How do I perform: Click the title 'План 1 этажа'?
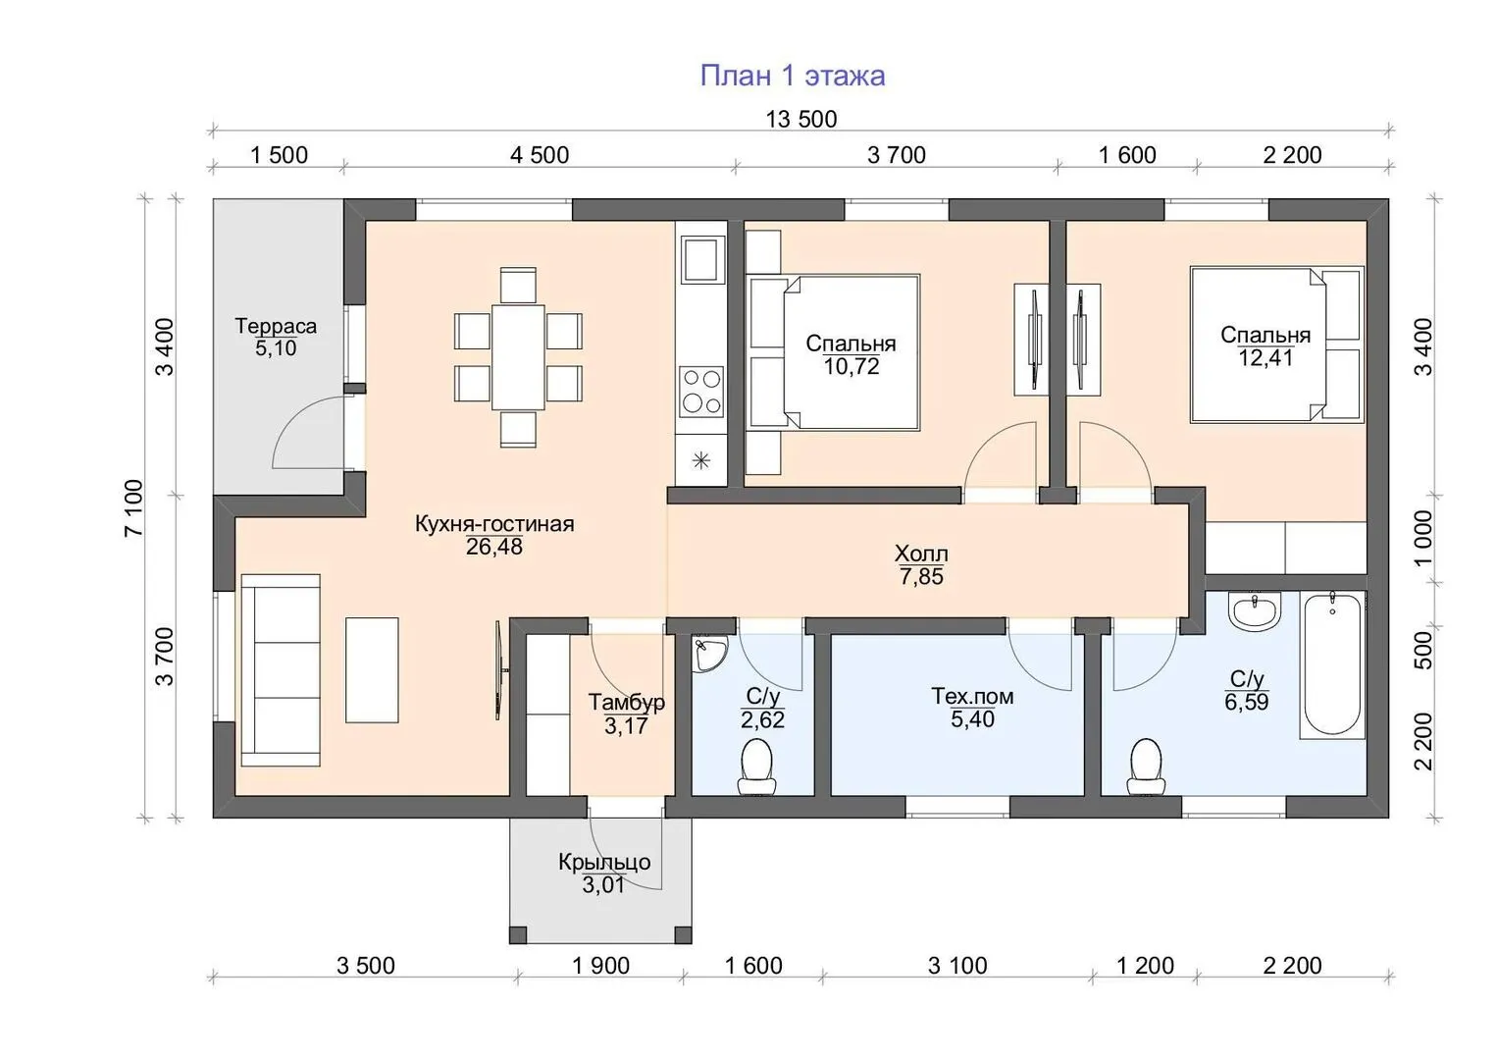[x=793, y=77]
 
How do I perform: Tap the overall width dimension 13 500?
[x=800, y=119]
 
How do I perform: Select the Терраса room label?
[x=276, y=327]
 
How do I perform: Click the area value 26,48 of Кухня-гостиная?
[x=493, y=547]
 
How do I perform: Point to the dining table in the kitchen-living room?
[x=518, y=357]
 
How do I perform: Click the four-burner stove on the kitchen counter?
[x=701, y=392]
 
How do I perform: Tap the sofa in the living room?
[x=281, y=669]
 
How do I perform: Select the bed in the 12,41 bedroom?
[x=1276, y=345]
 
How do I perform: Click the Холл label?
[x=921, y=554]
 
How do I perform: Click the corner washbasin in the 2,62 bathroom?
[x=708, y=654]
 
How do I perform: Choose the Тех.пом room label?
[x=972, y=697]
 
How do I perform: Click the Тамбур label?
[x=626, y=702]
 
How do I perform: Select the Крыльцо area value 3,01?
[x=603, y=885]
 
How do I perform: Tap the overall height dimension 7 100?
[x=133, y=507]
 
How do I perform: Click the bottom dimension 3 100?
[x=957, y=966]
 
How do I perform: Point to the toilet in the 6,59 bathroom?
[x=1146, y=767]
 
